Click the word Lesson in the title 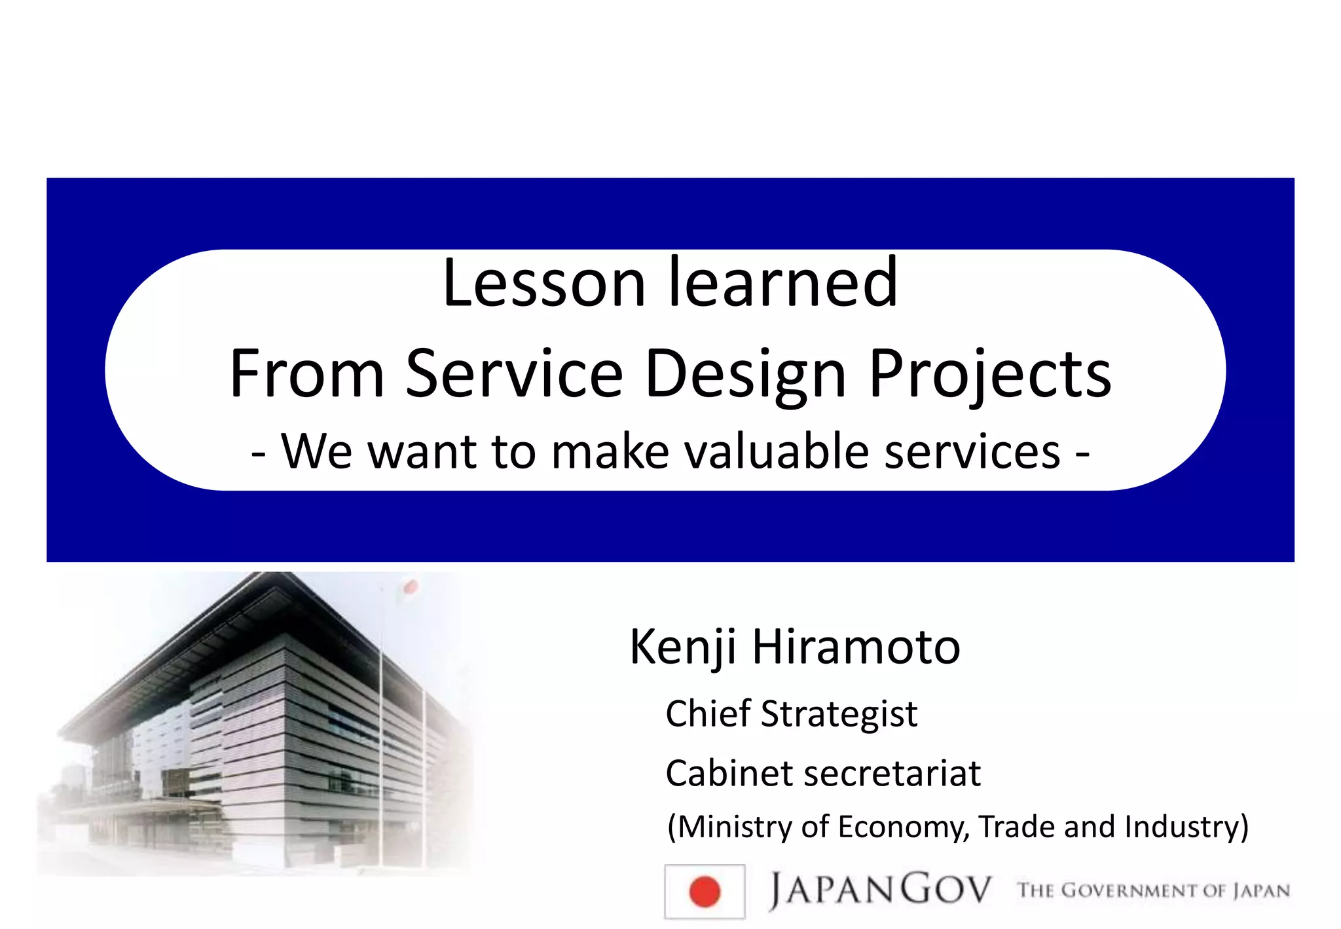(544, 283)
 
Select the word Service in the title (514, 373)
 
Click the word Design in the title (746, 373)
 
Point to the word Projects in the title (989, 373)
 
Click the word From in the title (306, 373)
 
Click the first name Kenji (683, 647)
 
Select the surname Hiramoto (856, 647)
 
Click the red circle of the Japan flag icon (705, 892)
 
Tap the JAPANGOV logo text (880, 890)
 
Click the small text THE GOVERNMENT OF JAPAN (1153, 890)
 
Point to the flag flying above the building (409, 587)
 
